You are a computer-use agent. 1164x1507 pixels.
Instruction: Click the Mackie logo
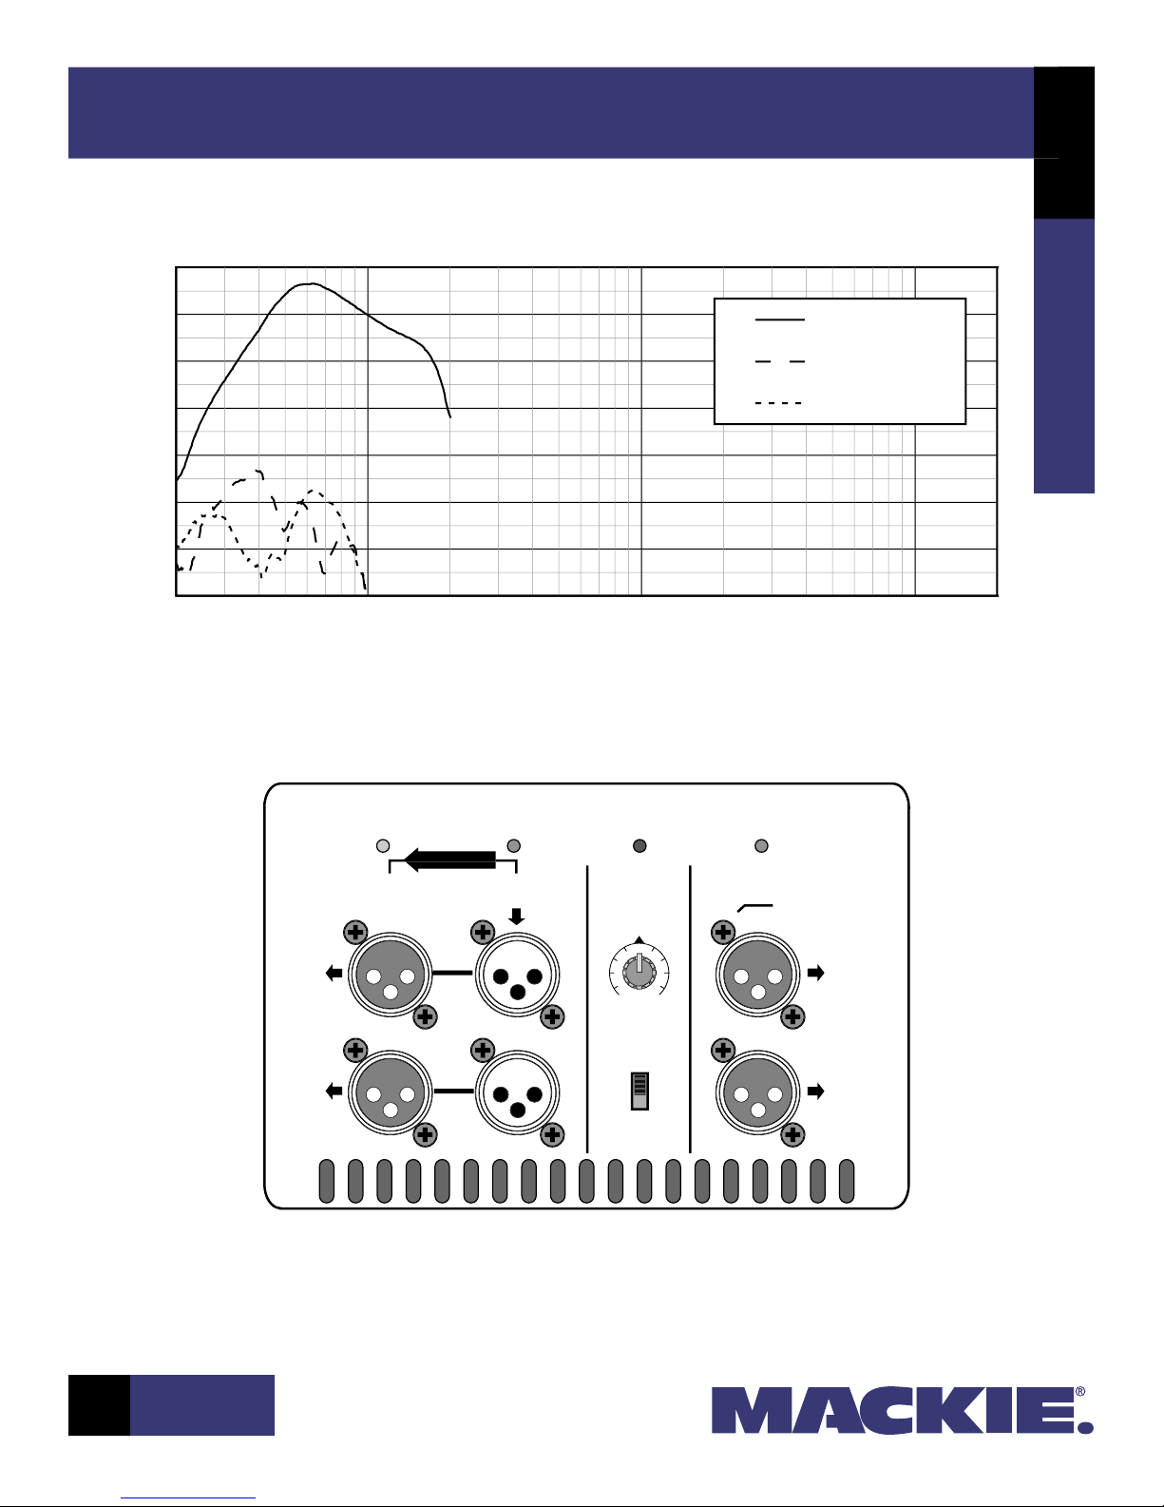point(902,1410)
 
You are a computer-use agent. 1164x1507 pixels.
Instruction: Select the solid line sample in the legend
point(779,319)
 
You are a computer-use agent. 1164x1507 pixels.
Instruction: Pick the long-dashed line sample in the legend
point(779,361)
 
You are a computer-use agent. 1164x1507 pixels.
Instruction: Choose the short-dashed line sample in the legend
point(778,403)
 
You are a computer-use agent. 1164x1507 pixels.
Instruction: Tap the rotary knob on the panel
point(639,973)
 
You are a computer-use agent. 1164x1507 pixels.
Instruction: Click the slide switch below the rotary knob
point(639,1091)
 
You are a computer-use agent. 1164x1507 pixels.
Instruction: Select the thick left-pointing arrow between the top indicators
point(449,860)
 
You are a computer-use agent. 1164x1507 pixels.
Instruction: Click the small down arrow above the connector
point(516,917)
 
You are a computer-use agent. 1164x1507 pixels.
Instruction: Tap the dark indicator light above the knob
point(639,845)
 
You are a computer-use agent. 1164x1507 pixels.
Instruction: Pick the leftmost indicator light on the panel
point(382,845)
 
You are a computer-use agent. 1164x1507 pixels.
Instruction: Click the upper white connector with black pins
point(517,975)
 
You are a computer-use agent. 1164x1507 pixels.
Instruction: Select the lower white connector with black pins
point(517,1092)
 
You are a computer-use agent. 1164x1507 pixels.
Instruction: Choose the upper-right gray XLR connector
point(757,974)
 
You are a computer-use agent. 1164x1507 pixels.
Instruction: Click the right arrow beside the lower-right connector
point(816,1091)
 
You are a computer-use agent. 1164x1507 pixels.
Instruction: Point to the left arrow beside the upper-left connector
point(334,973)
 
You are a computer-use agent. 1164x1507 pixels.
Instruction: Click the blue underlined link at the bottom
point(188,1498)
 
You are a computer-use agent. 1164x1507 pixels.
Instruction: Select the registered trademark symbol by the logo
point(1080,1392)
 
